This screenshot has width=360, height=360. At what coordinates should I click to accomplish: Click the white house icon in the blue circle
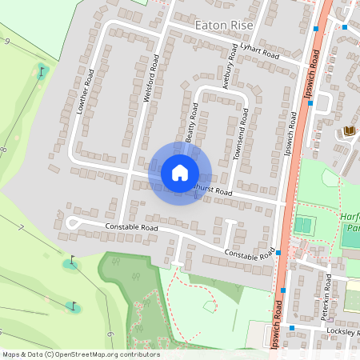(180, 172)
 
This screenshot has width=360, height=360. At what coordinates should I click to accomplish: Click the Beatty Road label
(192, 122)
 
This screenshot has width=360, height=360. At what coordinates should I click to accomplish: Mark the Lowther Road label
(86, 95)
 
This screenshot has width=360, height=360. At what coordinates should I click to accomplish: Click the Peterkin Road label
(326, 297)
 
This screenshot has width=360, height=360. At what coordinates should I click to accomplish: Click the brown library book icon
(349, 130)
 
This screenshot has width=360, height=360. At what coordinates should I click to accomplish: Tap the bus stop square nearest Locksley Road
(293, 328)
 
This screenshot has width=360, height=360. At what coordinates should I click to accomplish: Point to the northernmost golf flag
(42, 72)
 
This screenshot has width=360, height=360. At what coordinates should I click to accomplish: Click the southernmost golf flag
(72, 305)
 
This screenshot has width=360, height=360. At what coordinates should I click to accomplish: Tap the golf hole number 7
(22, 229)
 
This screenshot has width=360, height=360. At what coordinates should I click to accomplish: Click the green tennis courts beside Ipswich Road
(302, 225)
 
